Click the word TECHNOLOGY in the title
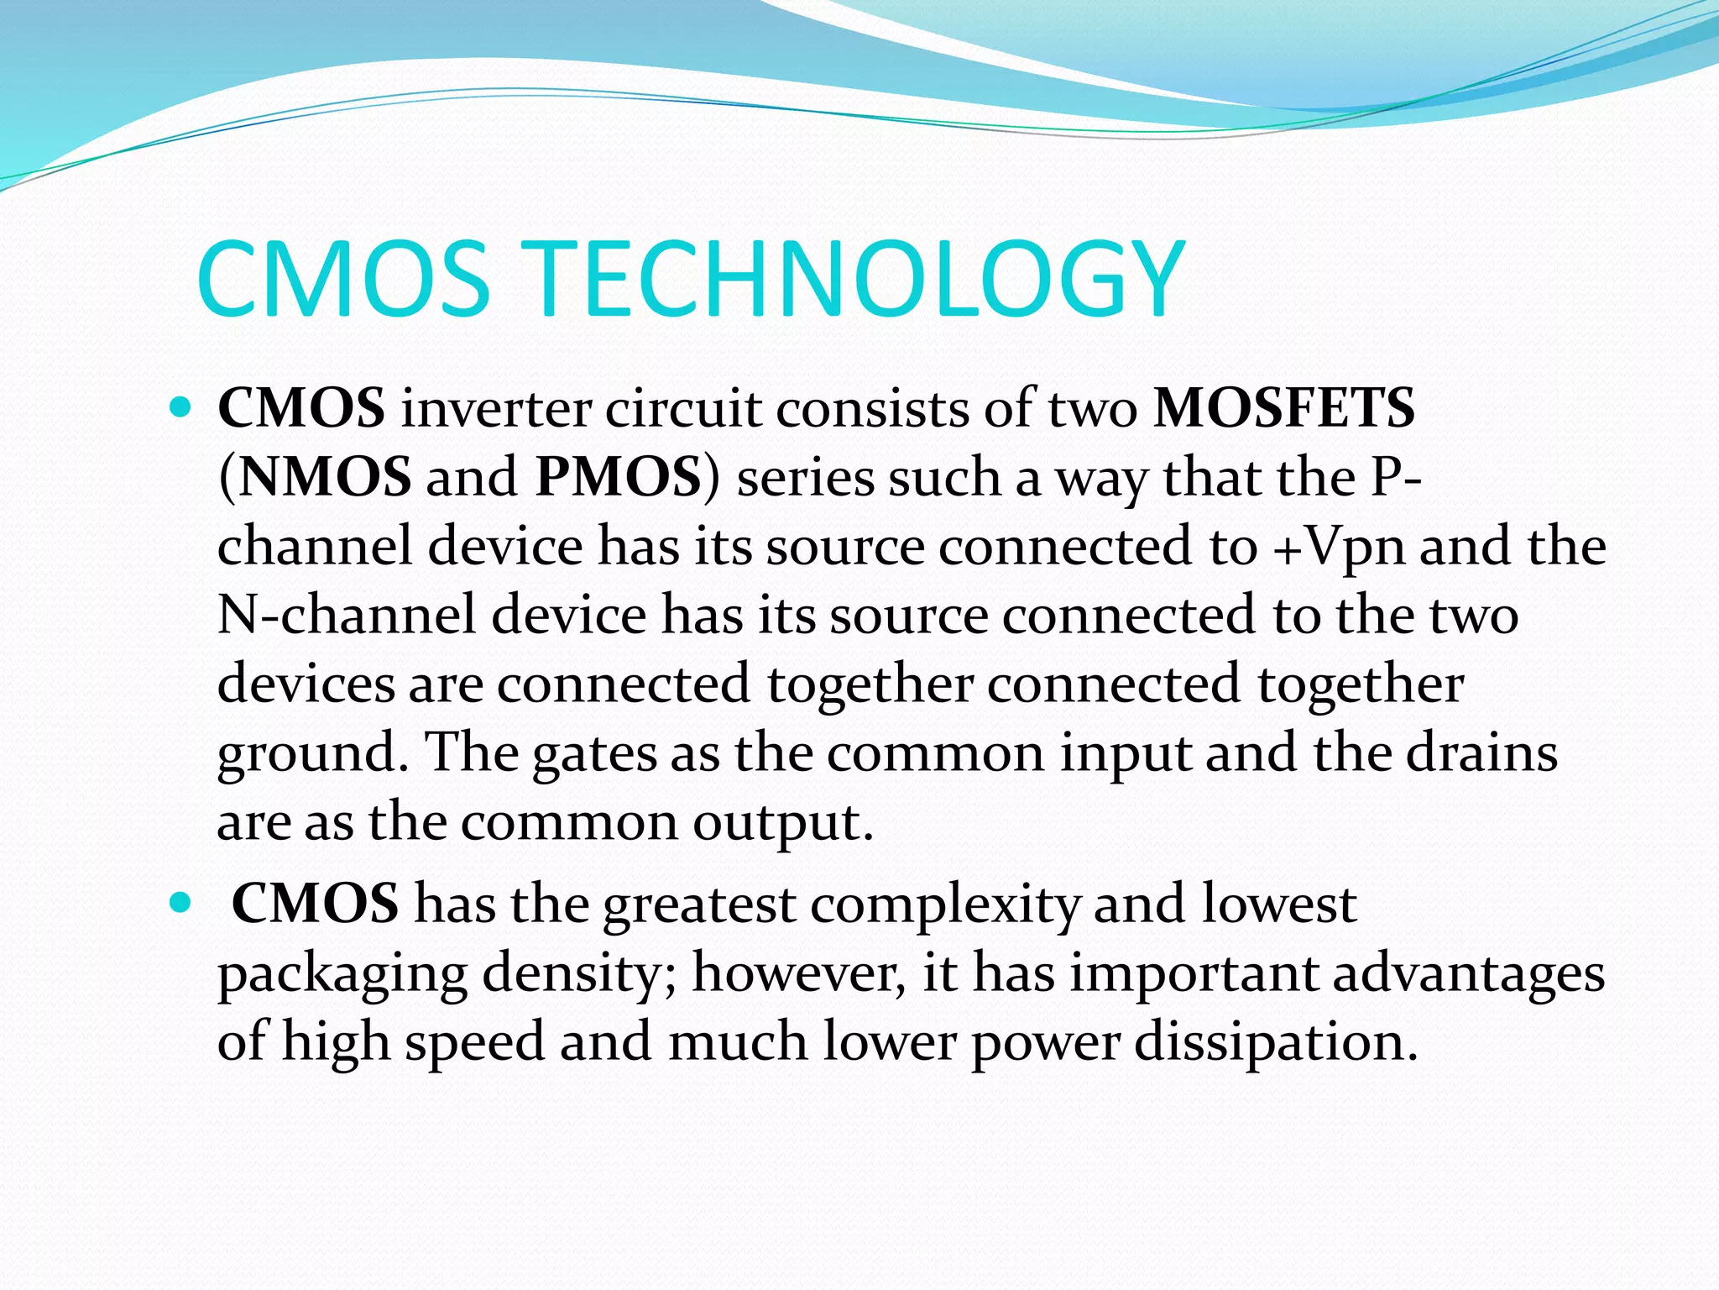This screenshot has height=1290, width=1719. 858,280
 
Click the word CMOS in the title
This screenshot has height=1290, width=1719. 342,280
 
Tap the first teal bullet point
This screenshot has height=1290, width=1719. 180,409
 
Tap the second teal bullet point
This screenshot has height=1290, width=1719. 180,905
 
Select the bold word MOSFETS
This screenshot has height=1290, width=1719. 1284,409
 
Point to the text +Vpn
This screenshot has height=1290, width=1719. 1339,548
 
